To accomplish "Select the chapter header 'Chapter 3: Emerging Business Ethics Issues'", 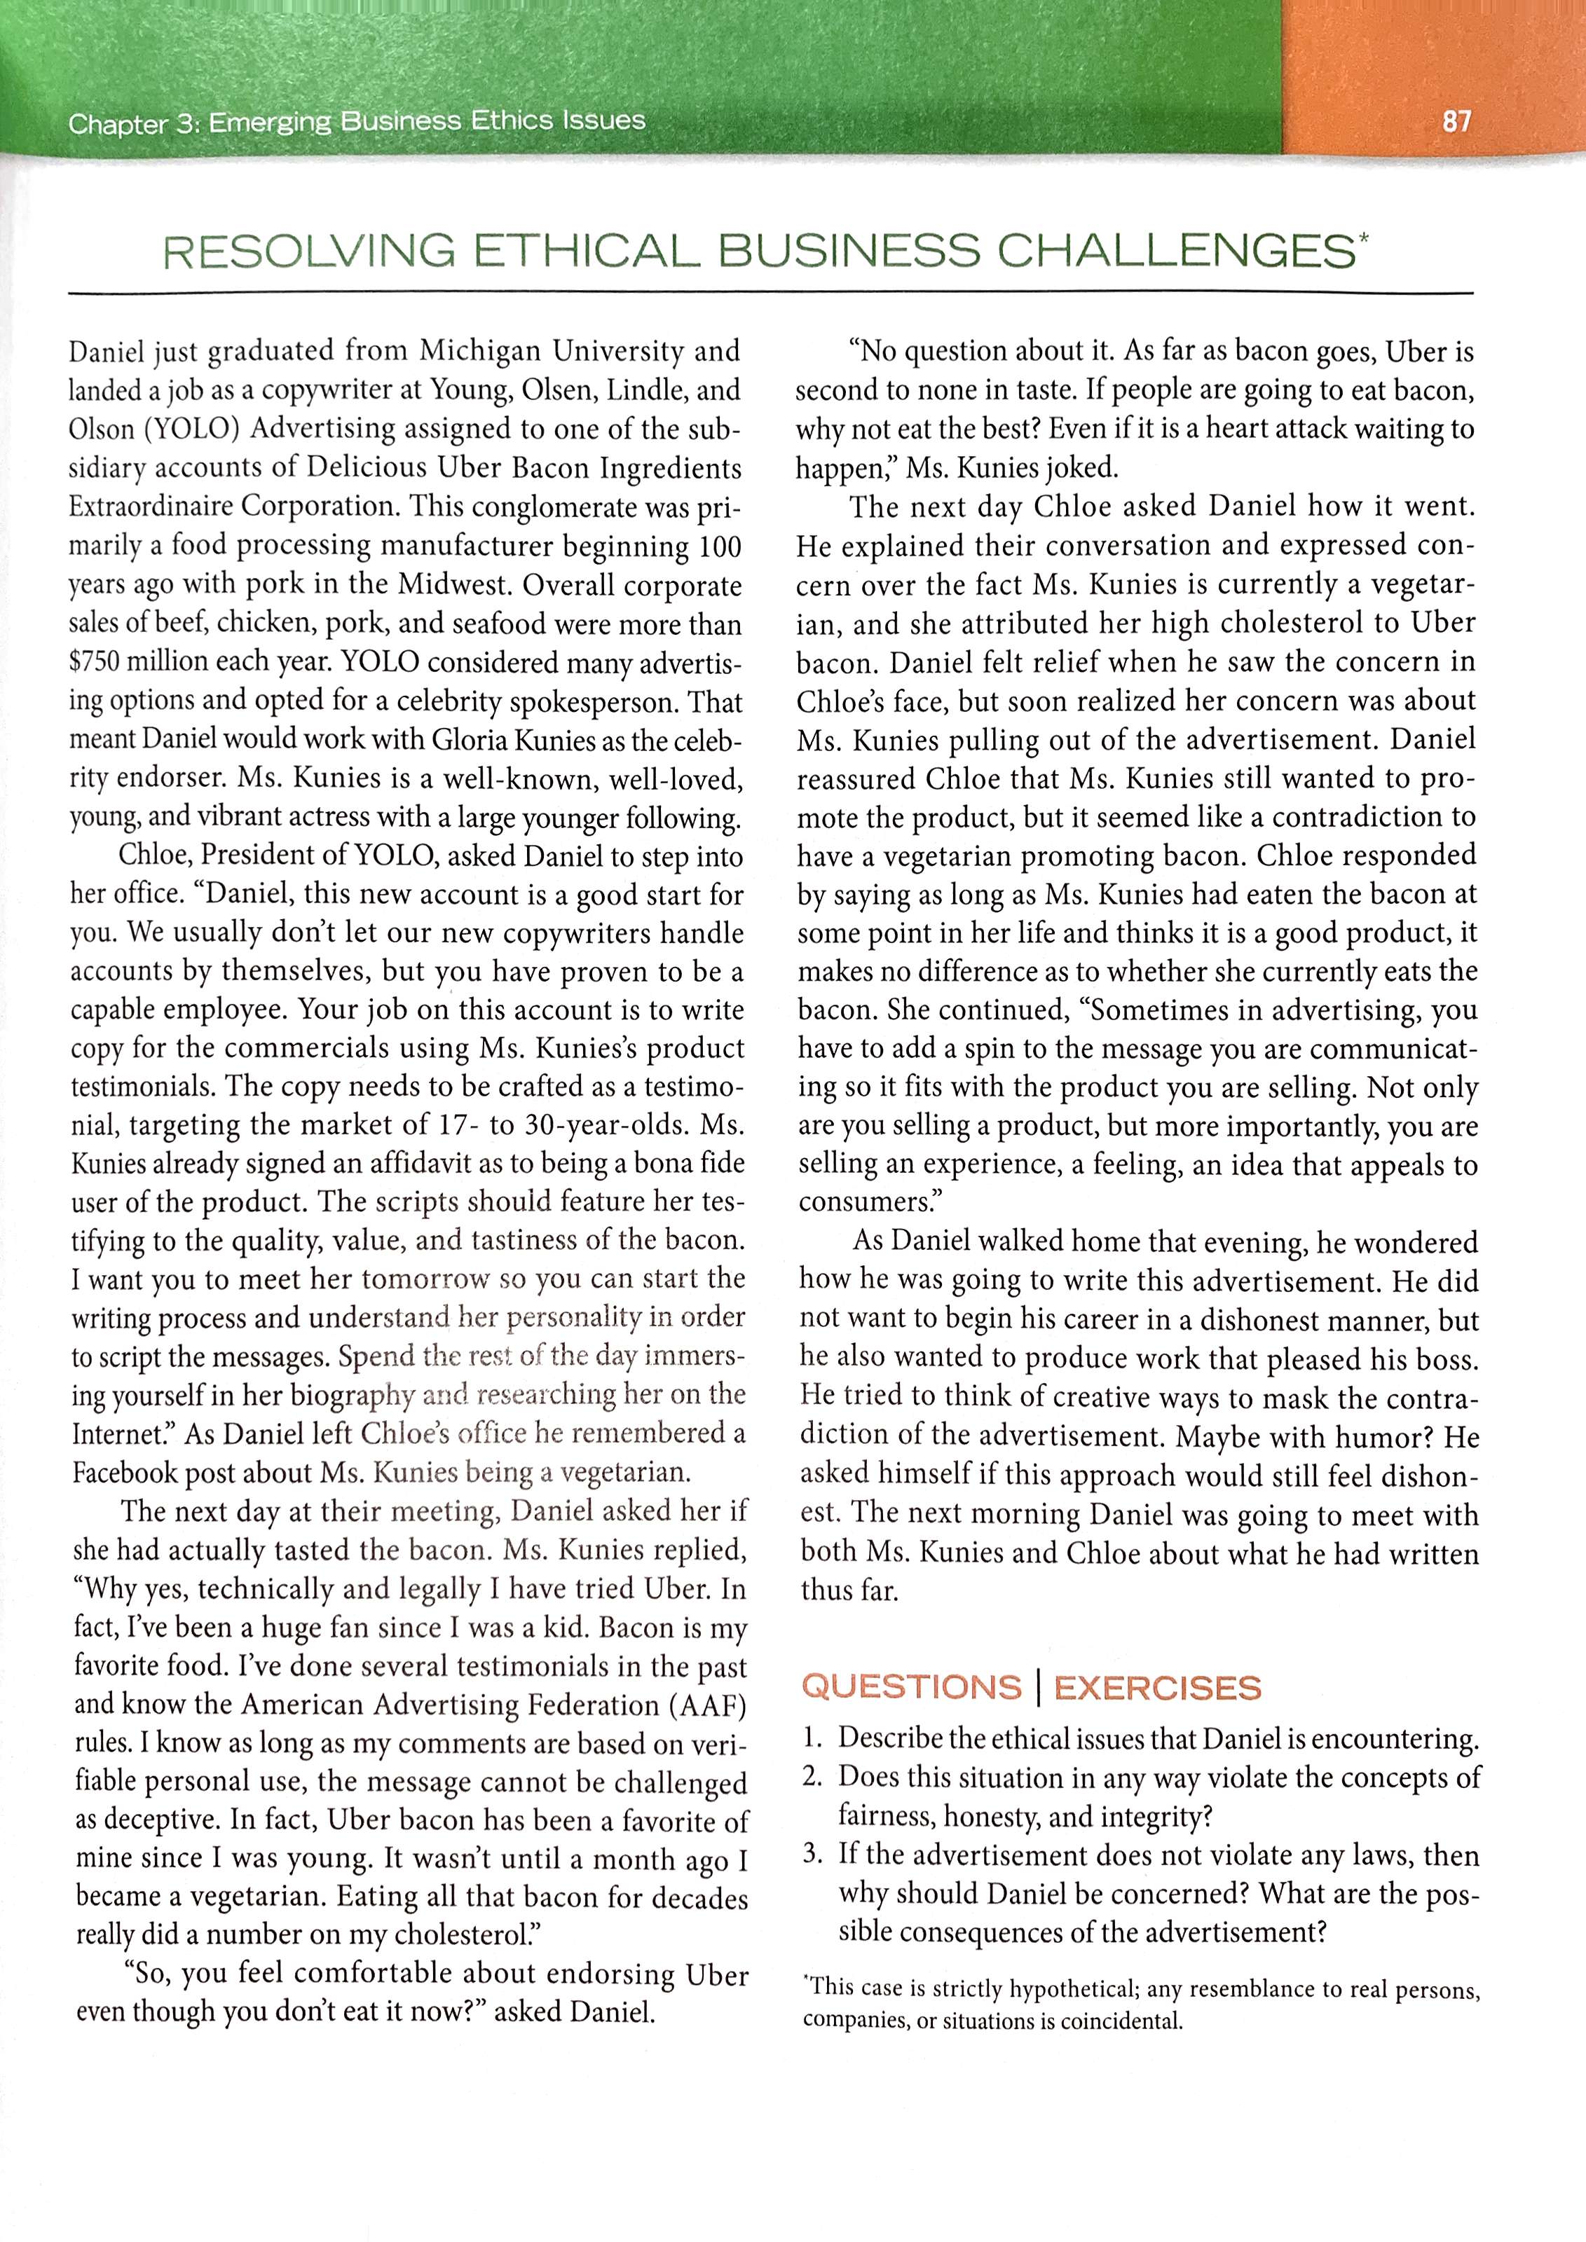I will click(x=357, y=122).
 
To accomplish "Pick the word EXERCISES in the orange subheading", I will click(x=1157, y=1687).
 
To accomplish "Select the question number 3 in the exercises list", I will click(x=811, y=1855).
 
